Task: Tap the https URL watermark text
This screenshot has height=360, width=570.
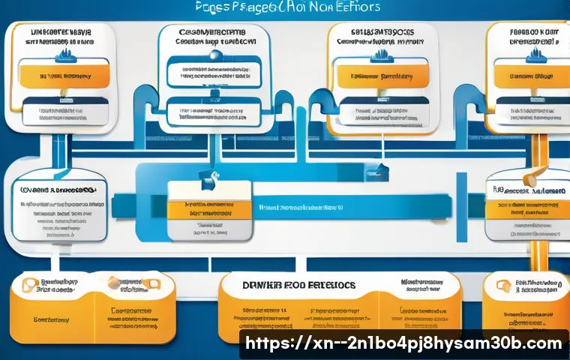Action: coord(403,343)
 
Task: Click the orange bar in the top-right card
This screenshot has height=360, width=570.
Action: coord(529,76)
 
